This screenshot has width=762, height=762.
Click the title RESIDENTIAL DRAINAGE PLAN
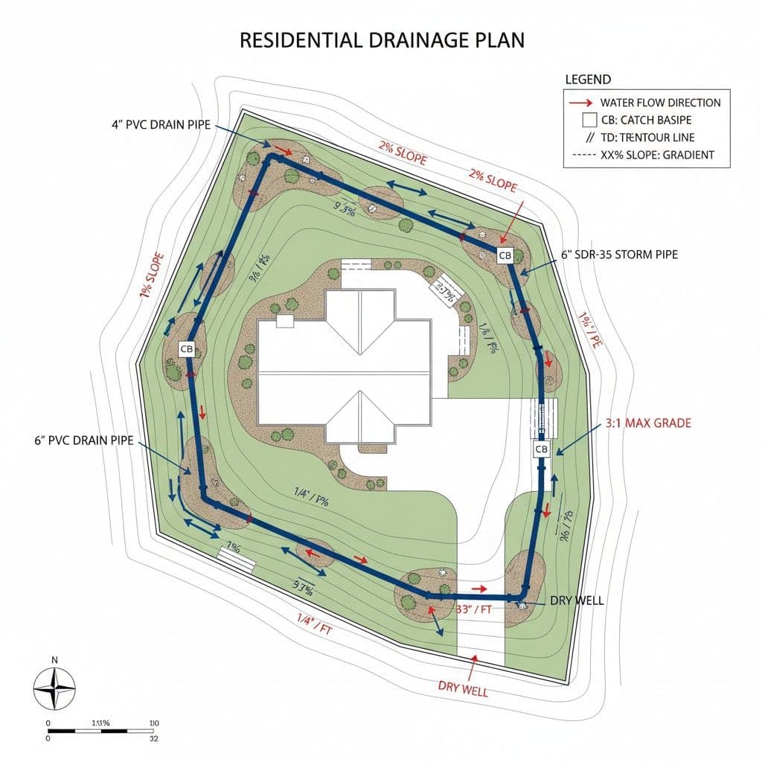pos(382,40)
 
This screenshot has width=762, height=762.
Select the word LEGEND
pos(588,80)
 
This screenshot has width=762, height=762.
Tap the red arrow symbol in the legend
pos(581,103)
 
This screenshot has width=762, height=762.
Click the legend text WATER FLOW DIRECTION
pos(660,103)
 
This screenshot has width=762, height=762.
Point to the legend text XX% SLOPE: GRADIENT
pos(657,155)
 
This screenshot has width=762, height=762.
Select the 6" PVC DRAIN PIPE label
pos(84,441)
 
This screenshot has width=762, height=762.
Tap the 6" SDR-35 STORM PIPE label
pos(619,254)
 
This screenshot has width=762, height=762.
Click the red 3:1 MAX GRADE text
pos(648,423)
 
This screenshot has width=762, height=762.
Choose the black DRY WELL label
pos(575,601)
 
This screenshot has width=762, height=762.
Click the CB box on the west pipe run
pos(187,348)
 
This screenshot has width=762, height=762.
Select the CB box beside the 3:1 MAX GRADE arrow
pos(541,449)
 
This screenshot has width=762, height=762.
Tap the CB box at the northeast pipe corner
pos(505,256)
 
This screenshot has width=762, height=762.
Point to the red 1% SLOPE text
pos(151,276)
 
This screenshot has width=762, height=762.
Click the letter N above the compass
pos(54,660)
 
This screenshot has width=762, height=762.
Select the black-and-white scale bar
pos(101,731)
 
